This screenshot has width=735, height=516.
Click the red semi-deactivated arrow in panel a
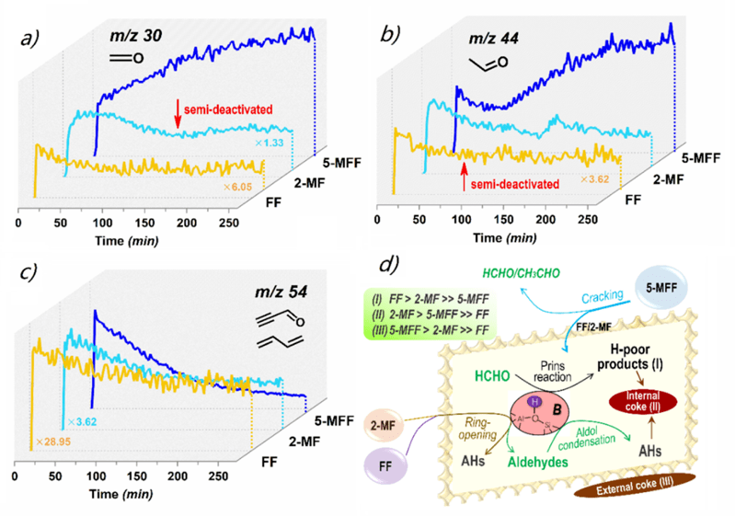click(x=178, y=115)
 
